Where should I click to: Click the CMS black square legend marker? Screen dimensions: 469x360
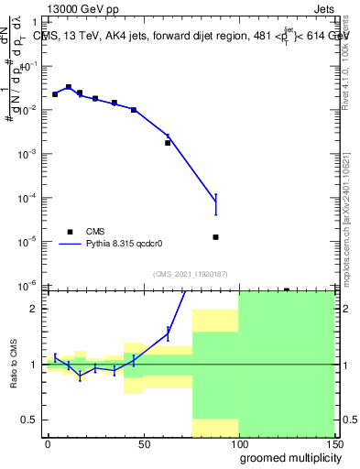[69, 232]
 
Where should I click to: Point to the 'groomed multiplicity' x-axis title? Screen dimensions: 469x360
[287, 457]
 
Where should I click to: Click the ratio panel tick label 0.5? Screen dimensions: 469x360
[29, 420]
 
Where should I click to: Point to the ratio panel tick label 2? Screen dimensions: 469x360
[35, 309]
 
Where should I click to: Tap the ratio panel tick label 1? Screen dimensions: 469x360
[35, 365]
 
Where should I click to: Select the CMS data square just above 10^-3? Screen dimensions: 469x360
[168, 143]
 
